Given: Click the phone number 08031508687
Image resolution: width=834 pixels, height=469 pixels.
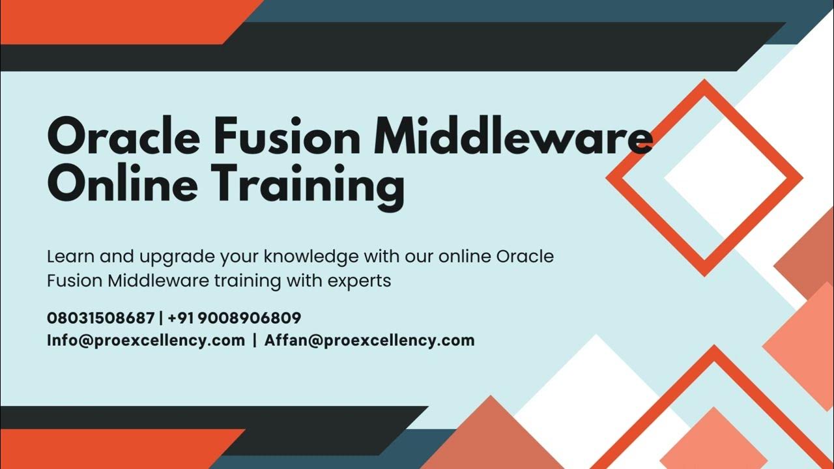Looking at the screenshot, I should pyautogui.click(x=100, y=318).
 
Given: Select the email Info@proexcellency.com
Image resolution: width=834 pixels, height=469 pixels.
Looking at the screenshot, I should pyautogui.click(x=146, y=340).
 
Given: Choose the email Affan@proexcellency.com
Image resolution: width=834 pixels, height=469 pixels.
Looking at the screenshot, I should pyautogui.click(x=369, y=340).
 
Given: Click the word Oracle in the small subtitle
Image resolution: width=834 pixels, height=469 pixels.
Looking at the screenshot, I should pyautogui.click(x=525, y=257).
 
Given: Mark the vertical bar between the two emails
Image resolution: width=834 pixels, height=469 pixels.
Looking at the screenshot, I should pyautogui.click(x=255, y=340).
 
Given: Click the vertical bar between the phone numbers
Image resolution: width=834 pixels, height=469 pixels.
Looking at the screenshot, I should pyautogui.click(x=161, y=318).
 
